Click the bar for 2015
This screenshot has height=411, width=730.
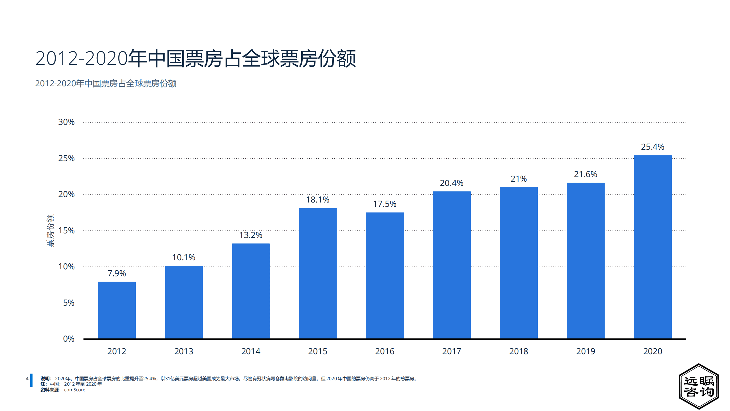click(318, 273)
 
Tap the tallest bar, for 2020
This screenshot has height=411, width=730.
click(652, 247)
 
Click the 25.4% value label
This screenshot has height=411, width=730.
click(652, 147)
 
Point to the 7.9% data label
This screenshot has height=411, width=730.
click(117, 273)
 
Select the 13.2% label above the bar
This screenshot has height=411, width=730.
click(250, 235)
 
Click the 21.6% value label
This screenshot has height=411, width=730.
click(585, 174)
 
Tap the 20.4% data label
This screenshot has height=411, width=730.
click(452, 183)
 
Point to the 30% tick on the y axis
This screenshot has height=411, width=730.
click(66, 122)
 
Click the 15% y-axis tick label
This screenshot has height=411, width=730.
click(66, 230)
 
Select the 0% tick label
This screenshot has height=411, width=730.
click(68, 339)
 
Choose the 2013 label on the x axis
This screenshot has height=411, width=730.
click(184, 351)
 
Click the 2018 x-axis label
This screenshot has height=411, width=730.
click(519, 351)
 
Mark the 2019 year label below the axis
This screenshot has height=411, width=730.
click(585, 351)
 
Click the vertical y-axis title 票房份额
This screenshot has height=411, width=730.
click(50, 230)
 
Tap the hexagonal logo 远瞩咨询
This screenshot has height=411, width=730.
click(699, 386)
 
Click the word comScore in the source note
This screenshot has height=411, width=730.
click(74, 390)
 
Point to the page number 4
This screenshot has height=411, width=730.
click(27, 379)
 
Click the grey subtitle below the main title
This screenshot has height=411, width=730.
click(106, 83)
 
